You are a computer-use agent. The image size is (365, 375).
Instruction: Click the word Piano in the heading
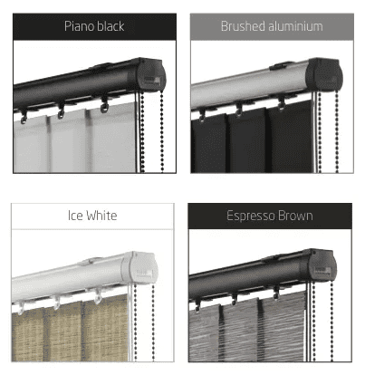[x=79, y=26]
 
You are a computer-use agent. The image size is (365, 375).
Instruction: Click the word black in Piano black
[x=110, y=26]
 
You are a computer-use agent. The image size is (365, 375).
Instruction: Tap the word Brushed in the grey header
[x=243, y=26]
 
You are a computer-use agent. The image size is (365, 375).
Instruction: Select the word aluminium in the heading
[x=296, y=26]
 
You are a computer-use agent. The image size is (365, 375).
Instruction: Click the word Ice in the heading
[x=75, y=216]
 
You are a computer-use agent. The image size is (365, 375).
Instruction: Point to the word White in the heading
[x=101, y=216]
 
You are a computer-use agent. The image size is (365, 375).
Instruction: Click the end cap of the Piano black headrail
[x=151, y=74]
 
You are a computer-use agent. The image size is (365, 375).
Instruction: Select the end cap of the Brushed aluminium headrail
[x=324, y=74]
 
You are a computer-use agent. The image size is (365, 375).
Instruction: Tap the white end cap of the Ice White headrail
[x=140, y=267]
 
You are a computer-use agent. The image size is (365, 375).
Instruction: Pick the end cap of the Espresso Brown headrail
[x=322, y=264]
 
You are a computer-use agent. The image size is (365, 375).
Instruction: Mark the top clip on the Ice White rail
[x=92, y=260]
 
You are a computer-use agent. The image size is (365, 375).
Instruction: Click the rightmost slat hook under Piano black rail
[x=104, y=104]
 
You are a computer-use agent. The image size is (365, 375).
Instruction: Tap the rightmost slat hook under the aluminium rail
[x=281, y=103]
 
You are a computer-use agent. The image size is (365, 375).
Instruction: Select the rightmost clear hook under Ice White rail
[x=98, y=296]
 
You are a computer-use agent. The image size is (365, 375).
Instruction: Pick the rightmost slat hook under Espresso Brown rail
[x=276, y=293]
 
